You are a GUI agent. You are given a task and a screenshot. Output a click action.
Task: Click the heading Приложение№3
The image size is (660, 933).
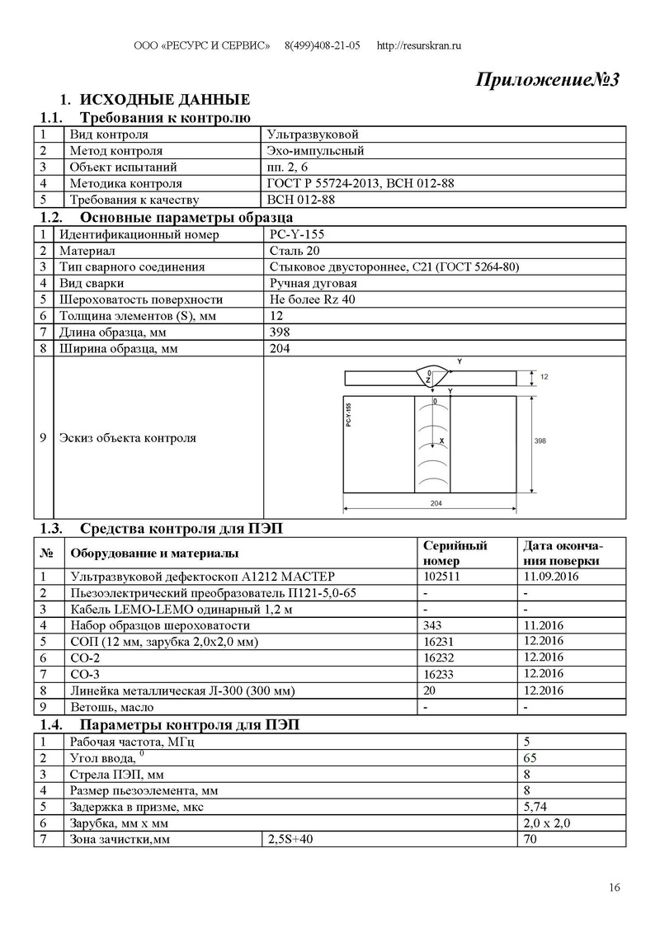pyautogui.click(x=547, y=80)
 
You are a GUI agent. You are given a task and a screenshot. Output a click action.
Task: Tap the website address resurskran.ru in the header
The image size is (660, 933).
pyautogui.click(x=418, y=45)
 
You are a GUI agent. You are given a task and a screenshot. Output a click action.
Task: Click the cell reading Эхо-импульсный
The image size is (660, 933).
pyautogui.click(x=316, y=151)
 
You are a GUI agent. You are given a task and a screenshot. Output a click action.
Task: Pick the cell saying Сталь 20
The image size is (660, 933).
pyautogui.click(x=293, y=251)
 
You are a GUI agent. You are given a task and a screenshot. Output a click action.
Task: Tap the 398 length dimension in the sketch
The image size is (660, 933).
pyautogui.click(x=540, y=442)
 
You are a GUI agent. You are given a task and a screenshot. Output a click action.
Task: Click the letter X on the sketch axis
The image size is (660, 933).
pyautogui.click(x=443, y=442)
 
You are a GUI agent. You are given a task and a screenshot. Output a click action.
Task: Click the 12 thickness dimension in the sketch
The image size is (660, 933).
pyautogui.click(x=544, y=377)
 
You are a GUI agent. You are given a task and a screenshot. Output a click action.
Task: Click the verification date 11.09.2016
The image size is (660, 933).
pyautogui.click(x=551, y=576)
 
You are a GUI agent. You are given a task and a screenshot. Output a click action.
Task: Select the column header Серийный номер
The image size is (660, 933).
pyautogui.click(x=455, y=553)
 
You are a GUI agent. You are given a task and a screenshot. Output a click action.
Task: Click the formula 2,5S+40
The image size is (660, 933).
pyautogui.click(x=290, y=840)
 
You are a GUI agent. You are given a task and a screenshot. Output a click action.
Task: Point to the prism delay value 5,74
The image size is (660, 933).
pyautogui.click(x=535, y=807)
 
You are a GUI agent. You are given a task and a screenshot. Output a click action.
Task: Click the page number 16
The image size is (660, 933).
pyautogui.click(x=614, y=888)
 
